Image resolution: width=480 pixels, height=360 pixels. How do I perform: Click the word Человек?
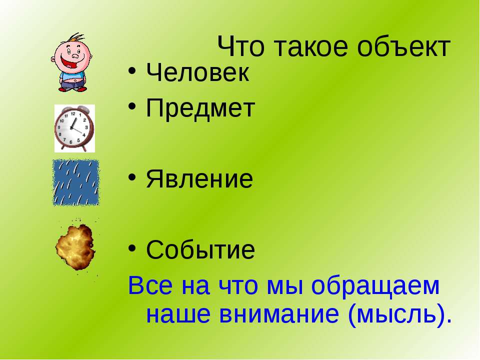[x=197, y=72]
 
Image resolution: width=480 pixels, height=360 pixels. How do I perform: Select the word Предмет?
[x=200, y=108]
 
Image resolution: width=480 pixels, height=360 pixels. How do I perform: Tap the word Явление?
[x=199, y=179]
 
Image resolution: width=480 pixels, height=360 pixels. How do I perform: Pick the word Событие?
[x=200, y=249]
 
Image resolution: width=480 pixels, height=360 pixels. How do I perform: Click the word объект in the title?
[x=403, y=47]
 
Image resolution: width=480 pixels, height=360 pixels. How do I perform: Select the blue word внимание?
[x=279, y=314]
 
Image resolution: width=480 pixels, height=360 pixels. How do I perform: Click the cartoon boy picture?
[x=72, y=62]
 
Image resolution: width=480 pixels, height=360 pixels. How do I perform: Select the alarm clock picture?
[x=74, y=128]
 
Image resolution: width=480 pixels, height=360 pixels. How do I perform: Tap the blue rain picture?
[x=76, y=182]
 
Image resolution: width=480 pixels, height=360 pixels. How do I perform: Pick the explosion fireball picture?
[x=75, y=246]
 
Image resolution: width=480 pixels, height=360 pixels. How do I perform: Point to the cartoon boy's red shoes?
[x=72, y=89]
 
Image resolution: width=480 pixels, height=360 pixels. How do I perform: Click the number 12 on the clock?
[x=73, y=113]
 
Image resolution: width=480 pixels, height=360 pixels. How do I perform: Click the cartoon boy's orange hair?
[x=75, y=38]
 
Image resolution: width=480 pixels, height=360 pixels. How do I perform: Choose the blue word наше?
[x=178, y=314]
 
